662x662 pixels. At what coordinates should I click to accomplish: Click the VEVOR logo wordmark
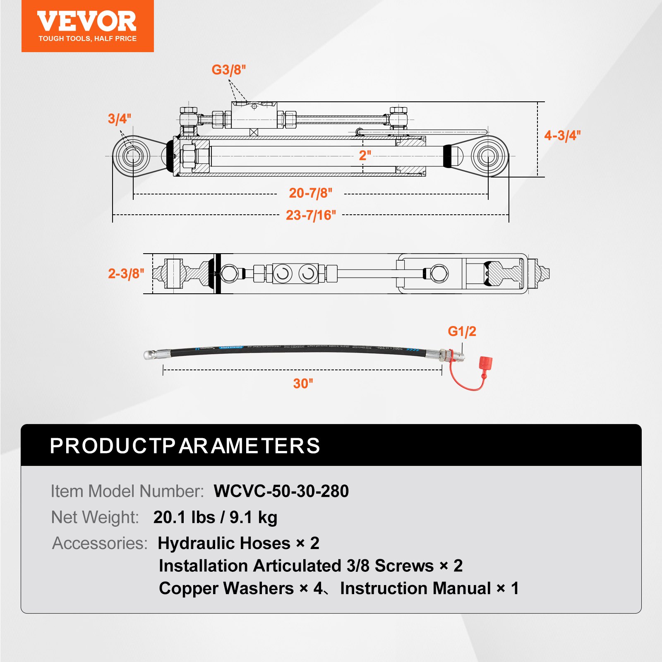(87, 21)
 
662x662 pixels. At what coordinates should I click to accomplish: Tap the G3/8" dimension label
(228, 70)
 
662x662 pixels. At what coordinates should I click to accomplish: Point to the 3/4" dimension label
(119, 119)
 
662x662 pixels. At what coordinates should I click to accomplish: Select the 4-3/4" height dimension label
(562, 135)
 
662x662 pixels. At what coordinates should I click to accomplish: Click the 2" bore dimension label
(365, 156)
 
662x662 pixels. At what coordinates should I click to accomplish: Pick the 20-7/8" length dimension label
(310, 193)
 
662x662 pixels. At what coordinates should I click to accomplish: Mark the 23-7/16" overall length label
(311, 215)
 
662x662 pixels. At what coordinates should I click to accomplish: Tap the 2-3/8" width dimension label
(126, 273)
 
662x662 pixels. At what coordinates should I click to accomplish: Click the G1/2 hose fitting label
(462, 331)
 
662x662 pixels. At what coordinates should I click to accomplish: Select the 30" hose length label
(303, 384)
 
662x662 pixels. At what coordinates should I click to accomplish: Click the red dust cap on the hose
(485, 363)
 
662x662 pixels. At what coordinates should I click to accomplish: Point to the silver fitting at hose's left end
(157, 354)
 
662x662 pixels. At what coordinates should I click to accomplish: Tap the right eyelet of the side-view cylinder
(488, 156)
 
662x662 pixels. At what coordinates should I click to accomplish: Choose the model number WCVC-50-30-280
(281, 491)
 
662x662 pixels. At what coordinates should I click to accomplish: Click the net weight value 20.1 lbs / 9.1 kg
(215, 517)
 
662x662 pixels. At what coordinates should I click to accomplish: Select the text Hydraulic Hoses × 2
(238, 543)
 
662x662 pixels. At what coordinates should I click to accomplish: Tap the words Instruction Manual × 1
(429, 588)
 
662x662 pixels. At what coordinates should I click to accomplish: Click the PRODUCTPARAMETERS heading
(185, 446)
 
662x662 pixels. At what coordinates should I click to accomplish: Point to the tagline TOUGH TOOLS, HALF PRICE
(87, 38)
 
